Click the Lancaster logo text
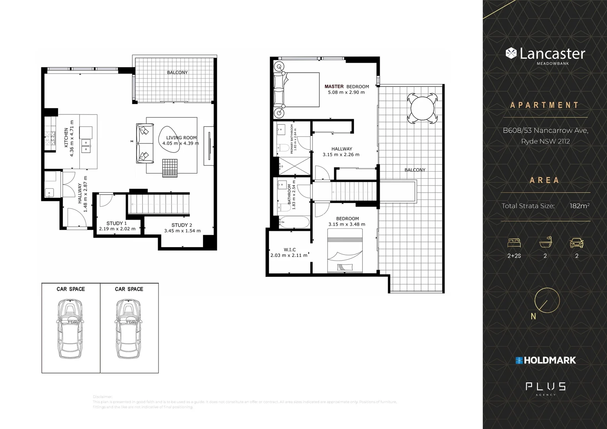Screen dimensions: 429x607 pyautogui.click(x=552, y=54)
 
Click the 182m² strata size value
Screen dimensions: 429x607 pyautogui.click(x=579, y=206)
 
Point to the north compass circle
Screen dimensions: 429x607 pyautogui.click(x=547, y=300)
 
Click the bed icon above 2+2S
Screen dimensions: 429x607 pyautogui.click(x=514, y=243)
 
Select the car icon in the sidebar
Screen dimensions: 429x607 pyautogui.click(x=576, y=243)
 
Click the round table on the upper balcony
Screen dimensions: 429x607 pyautogui.click(x=424, y=108)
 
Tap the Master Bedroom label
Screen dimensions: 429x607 pyautogui.click(x=346, y=86)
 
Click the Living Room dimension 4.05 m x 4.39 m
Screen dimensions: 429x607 pyautogui.click(x=180, y=143)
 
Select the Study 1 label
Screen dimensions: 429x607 pyautogui.click(x=117, y=223)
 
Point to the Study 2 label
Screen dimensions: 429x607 pyautogui.click(x=182, y=225)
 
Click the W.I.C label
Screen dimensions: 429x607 pyautogui.click(x=290, y=249)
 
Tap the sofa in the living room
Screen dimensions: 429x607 pyautogui.click(x=145, y=144)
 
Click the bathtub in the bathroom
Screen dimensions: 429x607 pyautogui.click(x=294, y=222)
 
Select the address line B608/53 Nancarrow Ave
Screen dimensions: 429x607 pyautogui.click(x=545, y=130)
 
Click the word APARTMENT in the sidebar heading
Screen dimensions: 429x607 pyautogui.click(x=545, y=105)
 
